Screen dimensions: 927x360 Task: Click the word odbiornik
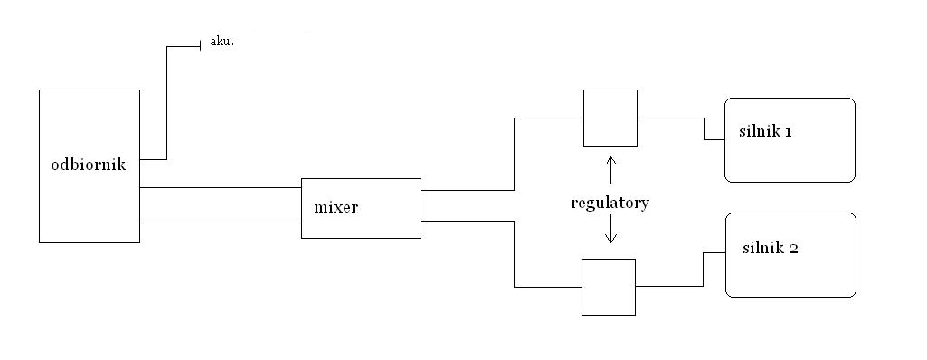(x=89, y=165)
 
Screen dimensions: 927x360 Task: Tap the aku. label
(x=222, y=42)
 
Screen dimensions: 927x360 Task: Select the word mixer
(x=336, y=207)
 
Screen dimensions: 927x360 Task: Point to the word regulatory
(x=610, y=204)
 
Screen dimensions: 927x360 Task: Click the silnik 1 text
(x=765, y=131)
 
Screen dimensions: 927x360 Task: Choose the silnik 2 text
(x=771, y=248)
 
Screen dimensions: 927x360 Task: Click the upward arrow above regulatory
(x=611, y=170)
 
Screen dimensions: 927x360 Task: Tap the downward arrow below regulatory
(x=611, y=231)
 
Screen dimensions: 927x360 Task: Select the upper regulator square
(x=610, y=90)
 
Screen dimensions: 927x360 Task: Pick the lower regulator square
(x=609, y=260)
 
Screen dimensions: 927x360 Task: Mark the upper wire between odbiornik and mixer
(x=221, y=188)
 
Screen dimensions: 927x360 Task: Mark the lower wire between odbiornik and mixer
(x=221, y=223)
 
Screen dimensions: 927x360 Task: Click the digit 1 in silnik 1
(x=788, y=132)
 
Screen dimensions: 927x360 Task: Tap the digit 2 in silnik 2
(x=794, y=248)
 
